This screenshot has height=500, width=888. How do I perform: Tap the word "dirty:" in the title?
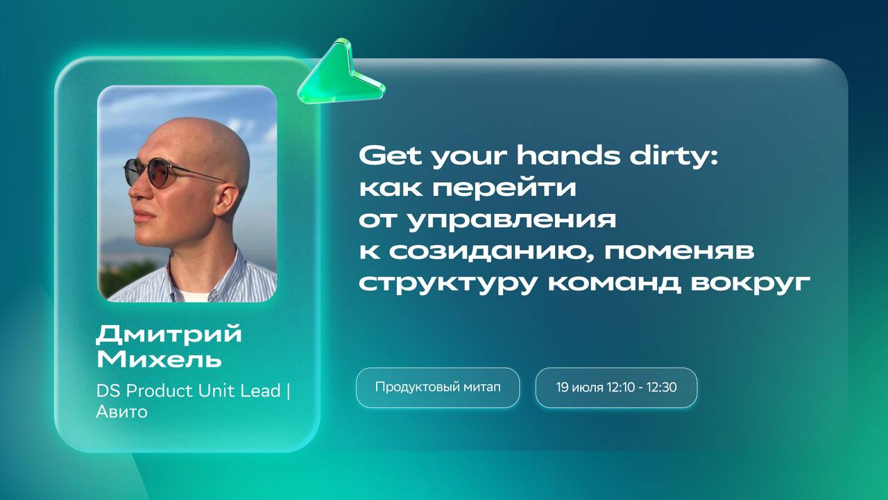point(674,156)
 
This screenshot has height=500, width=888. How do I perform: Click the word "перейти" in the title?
point(504,188)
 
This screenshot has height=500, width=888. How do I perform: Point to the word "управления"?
point(512,220)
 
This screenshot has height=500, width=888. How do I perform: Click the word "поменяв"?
point(679,252)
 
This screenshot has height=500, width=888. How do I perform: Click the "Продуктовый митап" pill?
point(438,387)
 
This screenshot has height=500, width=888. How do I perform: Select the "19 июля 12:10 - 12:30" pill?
point(616,387)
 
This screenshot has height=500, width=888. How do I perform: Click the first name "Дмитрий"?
point(169,334)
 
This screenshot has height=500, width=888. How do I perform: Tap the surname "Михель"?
point(159,359)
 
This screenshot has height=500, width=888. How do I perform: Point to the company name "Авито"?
point(121,412)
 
